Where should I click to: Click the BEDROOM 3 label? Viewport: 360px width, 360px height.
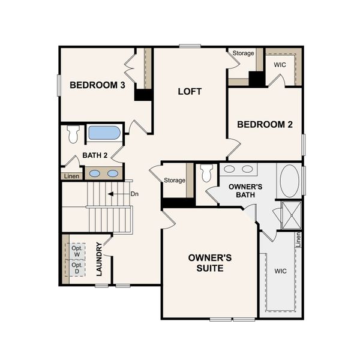coord(97,85)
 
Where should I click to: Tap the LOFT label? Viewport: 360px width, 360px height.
coord(190,92)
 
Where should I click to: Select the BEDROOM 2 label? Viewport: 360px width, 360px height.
coord(265,125)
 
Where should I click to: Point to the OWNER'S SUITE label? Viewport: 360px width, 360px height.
coord(206,263)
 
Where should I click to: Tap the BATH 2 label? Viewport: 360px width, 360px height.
coord(95,155)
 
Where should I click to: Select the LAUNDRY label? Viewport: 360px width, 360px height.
coord(100,259)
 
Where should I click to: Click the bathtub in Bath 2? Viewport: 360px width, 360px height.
coord(104,133)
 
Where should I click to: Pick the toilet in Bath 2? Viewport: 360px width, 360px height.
coord(74,133)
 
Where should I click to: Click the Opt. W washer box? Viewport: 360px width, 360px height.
coord(77,250)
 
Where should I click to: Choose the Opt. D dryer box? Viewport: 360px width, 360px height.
coord(77,267)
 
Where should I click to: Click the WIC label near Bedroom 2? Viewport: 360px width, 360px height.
coord(280,65)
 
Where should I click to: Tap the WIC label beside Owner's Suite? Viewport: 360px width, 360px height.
coord(280,271)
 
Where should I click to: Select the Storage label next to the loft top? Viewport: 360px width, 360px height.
coord(244,53)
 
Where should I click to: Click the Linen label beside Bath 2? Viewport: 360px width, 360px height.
coord(70,176)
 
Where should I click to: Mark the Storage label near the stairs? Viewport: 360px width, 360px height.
coord(175,180)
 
